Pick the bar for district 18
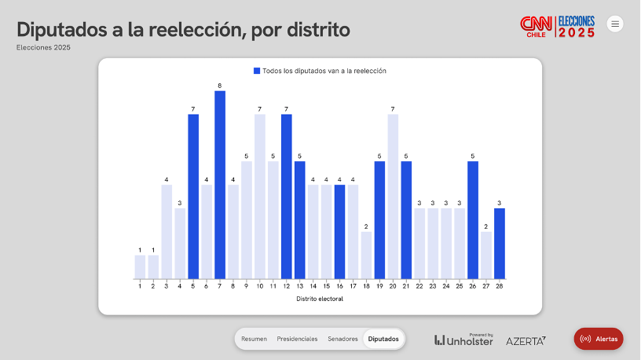[366, 255]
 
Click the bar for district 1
[140, 267]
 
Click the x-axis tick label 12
[286, 286]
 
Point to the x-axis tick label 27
[486, 286]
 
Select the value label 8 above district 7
[220, 85]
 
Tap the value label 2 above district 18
[366, 226]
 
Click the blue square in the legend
[257, 71]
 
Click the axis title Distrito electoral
[320, 299]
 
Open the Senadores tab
[342, 339]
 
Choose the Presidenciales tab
[297, 339]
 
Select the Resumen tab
[254, 339]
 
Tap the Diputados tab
[383, 339]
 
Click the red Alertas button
[599, 339]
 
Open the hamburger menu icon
[615, 24]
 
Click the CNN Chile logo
[537, 27]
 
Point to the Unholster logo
[464, 340]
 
